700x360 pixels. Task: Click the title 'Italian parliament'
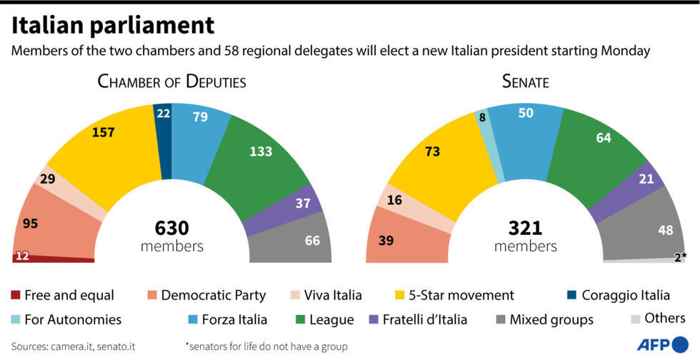click(x=113, y=25)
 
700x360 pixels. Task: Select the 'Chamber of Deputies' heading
click(x=171, y=82)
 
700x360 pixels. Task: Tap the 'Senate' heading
click(x=525, y=82)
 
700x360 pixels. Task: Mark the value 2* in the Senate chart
click(x=679, y=257)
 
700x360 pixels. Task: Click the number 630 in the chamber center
click(x=171, y=228)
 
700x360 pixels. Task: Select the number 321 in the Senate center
click(x=525, y=228)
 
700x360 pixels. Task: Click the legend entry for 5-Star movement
click(x=455, y=295)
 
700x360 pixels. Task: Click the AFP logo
click(x=666, y=344)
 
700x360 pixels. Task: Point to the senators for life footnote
click(x=266, y=346)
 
